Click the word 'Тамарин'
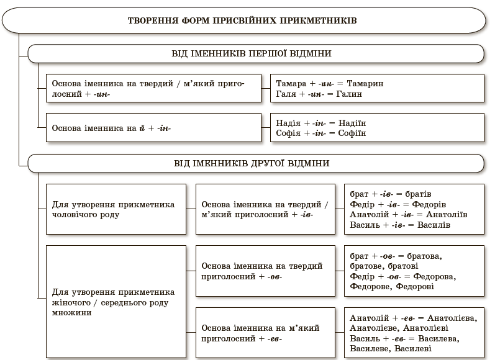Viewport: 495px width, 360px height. click(x=366, y=83)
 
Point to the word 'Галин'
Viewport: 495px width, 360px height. click(x=350, y=94)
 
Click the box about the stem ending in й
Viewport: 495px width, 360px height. click(x=154, y=128)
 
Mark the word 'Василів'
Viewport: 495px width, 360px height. click(x=434, y=225)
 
